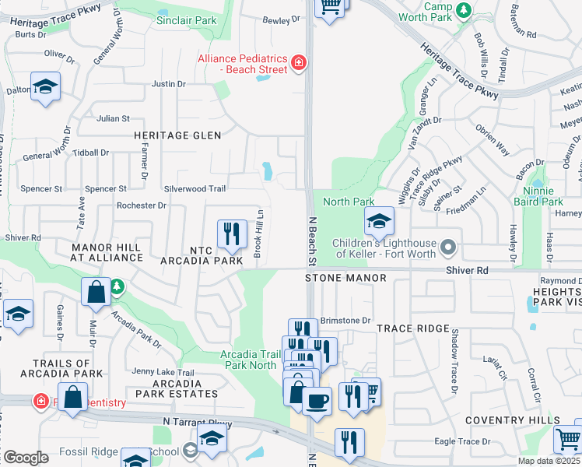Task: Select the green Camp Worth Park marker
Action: coord(464,10)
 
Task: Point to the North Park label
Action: coord(349,202)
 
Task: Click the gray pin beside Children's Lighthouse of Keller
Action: coord(447,248)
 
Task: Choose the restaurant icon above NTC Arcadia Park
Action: coord(231,233)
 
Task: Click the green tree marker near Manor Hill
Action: coord(117,287)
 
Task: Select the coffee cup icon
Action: coord(317,402)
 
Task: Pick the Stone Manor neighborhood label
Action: coord(345,278)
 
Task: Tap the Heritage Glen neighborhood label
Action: coord(177,135)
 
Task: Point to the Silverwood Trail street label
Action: coord(195,188)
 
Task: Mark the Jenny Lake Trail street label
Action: coord(163,372)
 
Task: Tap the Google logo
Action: coord(25,458)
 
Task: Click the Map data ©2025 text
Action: coord(548,461)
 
